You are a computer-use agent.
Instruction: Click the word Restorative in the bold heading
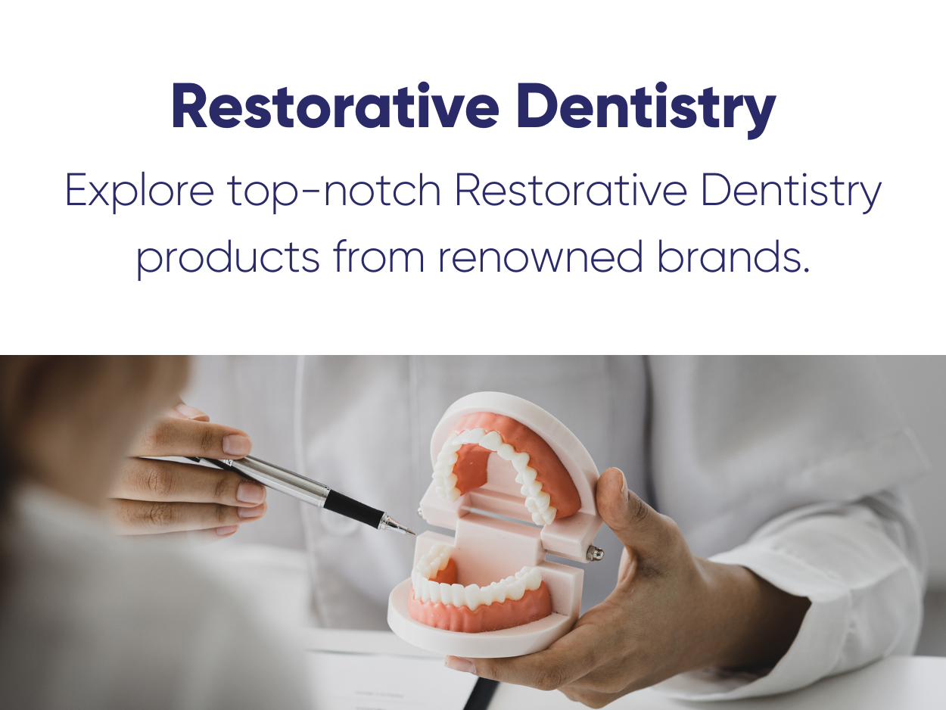335,105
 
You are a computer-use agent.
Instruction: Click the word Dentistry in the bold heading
646,110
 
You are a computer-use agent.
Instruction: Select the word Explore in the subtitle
139,192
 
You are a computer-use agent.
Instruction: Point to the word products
228,258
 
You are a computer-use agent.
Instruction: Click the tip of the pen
414,534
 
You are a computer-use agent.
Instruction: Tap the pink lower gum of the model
478,612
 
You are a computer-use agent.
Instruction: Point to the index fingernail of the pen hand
237,444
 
